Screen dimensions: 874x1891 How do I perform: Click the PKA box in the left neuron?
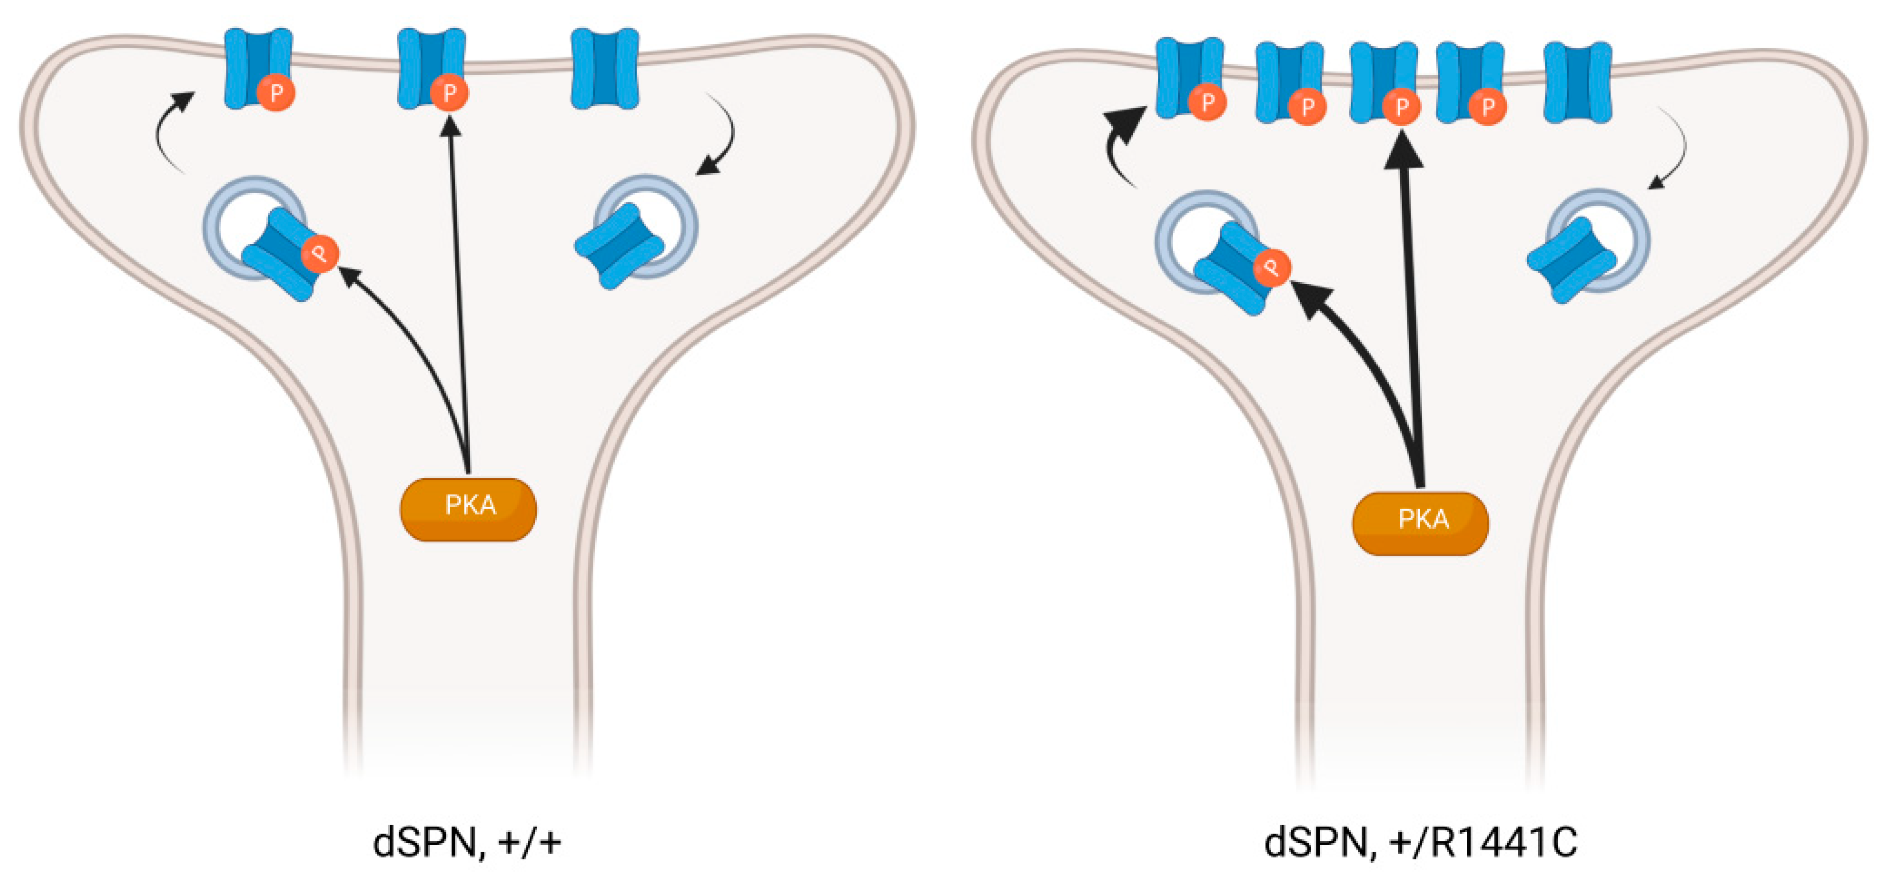468,509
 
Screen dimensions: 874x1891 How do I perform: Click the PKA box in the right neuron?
1420,522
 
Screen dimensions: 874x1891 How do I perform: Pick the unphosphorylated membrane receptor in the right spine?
1577,81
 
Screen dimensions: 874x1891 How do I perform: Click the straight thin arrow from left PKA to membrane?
458,294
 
